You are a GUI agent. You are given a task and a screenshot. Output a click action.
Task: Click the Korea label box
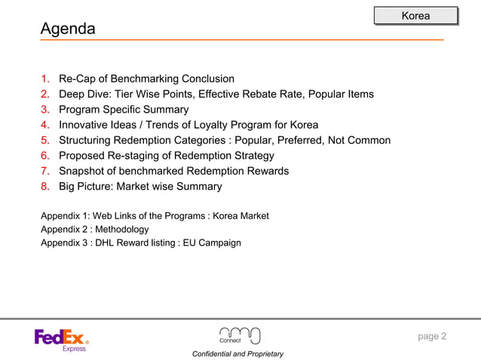[x=415, y=16]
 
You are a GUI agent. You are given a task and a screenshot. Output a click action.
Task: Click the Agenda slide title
[x=68, y=29]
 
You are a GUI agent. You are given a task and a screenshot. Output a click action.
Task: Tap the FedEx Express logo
[x=62, y=340]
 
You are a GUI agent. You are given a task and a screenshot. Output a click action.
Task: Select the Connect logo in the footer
[x=239, y=336]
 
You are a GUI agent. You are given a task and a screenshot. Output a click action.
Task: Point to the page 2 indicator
[x=432, y=336]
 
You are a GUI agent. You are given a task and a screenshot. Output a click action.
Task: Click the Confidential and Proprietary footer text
[x=237, y=353]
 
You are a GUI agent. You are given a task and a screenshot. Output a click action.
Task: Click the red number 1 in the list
[x=45, y=79]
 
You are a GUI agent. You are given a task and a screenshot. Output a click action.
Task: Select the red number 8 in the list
[x=45, y=187]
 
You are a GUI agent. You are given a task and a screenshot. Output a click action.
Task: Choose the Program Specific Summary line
[x=124, y=110]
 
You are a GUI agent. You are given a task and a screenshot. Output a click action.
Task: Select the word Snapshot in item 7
[x=83, y=171]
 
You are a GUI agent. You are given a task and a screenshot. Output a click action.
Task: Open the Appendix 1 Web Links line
[x=155, y=216]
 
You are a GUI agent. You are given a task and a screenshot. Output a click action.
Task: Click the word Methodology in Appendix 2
[x=121, y=229]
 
